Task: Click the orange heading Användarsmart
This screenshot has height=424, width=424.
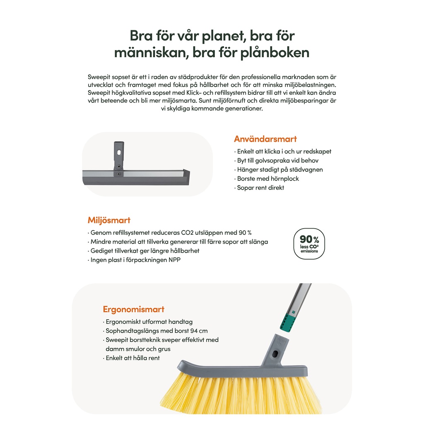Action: coord(265,139)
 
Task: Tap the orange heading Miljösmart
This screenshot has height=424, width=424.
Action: coord(109,220)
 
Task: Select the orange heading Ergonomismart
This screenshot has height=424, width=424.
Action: coord(134,309)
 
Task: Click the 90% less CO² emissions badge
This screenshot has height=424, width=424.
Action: coord(309,243)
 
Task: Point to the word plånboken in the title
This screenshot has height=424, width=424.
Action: coord(275,53)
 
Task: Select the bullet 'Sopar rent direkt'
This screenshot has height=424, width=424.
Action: coord(259,188)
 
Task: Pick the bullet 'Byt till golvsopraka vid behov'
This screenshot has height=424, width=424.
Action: coord(276,161)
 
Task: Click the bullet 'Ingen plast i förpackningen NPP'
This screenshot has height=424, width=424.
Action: coord(134,260)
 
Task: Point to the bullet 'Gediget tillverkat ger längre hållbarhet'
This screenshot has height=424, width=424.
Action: coord(144,251)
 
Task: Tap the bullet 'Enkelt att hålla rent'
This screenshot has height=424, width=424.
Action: coord(131,358)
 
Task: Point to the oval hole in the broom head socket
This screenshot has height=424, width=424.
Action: coord(275,354)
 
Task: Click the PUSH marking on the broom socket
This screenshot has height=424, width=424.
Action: coord(280,341)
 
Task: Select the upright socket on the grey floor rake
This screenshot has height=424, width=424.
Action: coord(119,159)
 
